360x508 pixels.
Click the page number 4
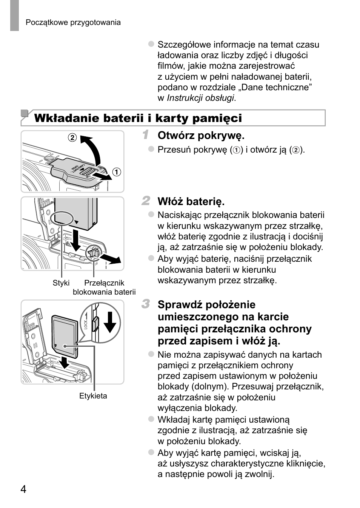[x=23, y=489]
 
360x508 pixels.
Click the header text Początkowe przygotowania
[x=73, y=22]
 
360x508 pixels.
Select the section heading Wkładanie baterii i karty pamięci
[x=138, y=118]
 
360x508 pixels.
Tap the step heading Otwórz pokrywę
[x=201, y=135]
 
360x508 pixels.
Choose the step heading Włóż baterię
[x=191, y=201]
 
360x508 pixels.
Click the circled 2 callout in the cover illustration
[x=72, y=137]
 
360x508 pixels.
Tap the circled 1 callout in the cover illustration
[x=117, y=172]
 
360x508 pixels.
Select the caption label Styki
[x=61, y=283]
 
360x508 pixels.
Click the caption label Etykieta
[x=93, y=396]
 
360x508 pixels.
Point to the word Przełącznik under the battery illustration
[x=104, y=283]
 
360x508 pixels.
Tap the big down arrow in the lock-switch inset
[x=110, y=321]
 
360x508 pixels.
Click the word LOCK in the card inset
[x=86, y=324]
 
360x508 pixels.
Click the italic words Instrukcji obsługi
[x=200, y=98]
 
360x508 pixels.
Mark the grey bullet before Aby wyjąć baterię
[x=151, y=258]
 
